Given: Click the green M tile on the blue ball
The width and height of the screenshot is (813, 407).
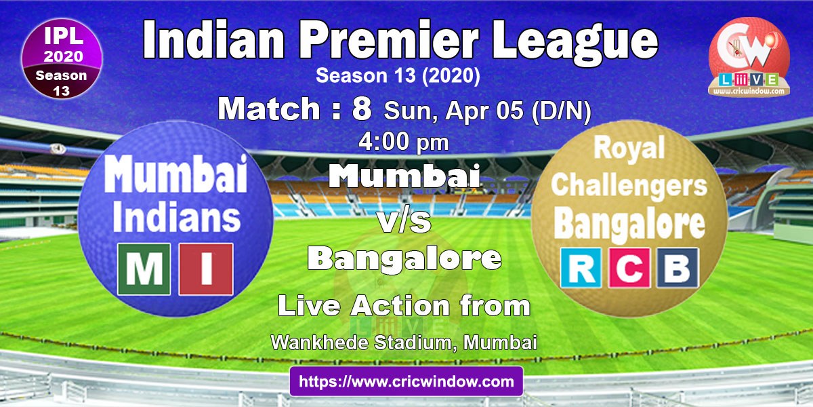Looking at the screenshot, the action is coord(144,269).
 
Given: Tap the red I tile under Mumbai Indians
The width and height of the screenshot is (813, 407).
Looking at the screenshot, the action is coord(206,269).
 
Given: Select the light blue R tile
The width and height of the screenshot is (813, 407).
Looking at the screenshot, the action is coord(581,268).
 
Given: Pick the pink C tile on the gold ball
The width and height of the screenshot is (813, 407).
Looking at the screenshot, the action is coord(629,268).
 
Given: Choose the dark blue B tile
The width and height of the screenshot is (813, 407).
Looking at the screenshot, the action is coord(677,268).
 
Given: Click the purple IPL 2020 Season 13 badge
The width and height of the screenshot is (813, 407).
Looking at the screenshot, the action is coord(62,59).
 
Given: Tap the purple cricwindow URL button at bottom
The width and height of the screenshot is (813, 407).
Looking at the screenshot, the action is coord(406,381).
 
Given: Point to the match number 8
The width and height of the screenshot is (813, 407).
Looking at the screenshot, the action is coord(362,109).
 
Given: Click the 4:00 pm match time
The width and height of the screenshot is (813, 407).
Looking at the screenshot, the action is coord(404,142).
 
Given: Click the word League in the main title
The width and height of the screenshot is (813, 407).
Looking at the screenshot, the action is coord(575,43).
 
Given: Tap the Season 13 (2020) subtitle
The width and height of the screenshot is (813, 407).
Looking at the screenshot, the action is coord(398,75).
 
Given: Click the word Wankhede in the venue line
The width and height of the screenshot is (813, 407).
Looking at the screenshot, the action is coord(319,343).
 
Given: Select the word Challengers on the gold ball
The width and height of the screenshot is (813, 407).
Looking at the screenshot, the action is coord(629,187).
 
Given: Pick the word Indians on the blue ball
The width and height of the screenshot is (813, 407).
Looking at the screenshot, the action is coord(177,217).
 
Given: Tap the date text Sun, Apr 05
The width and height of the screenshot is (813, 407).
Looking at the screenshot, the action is coord(454,111).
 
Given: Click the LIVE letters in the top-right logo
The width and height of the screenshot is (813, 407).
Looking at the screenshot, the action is coord(749,79).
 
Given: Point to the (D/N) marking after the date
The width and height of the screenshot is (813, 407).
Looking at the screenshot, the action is coord(561,111).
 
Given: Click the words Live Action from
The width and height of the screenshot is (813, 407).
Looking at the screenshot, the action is coord(404,306).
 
